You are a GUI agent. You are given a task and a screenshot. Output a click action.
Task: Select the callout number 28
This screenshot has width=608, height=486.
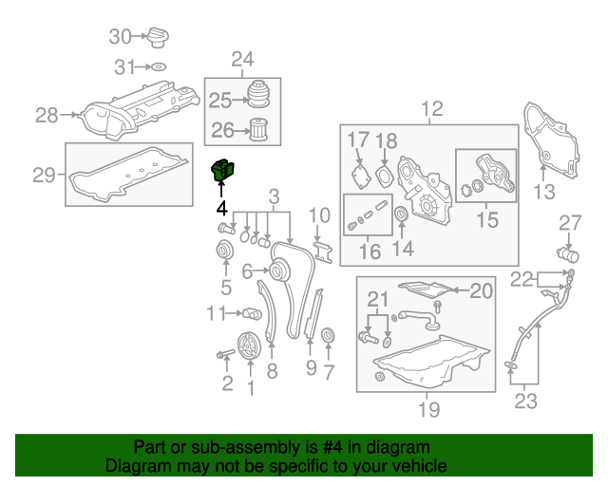pyautogui.click(x=47, y=116)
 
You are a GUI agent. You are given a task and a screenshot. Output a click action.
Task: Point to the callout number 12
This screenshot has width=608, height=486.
pyautogui.click(x=432, y=108)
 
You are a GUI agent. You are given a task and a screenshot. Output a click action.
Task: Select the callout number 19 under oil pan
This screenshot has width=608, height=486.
pyautogui.click(x=428, y=409)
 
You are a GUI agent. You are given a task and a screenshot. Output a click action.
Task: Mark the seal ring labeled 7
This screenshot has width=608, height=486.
pyautogui.click(x=329, y=337)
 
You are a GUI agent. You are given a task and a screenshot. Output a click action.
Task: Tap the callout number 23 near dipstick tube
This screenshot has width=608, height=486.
pyautogui.click(x=525, y=401)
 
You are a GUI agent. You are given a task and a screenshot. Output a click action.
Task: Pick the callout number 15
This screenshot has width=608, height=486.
pyautogui.click(x=486, y=221)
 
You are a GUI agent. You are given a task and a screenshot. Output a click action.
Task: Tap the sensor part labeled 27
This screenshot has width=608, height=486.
pyautogui.click(x=569, y=254)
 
